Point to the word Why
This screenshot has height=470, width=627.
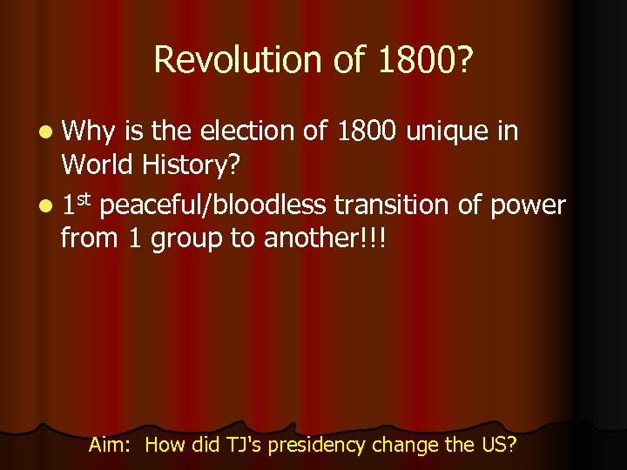click(89, 131)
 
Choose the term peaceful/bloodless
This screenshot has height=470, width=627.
click(213, 205)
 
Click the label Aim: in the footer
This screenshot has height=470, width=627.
click(111, 446)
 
